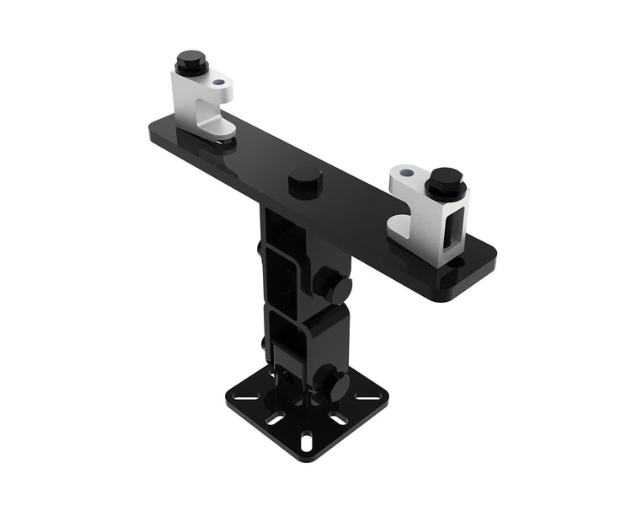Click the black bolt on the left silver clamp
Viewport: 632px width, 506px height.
pos(191,63)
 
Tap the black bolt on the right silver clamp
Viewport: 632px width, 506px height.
pos(445,183)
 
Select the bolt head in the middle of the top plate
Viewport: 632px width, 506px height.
pos(305,181)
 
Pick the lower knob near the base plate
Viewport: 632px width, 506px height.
pos(335,386)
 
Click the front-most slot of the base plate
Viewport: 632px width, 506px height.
pos(306,440)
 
